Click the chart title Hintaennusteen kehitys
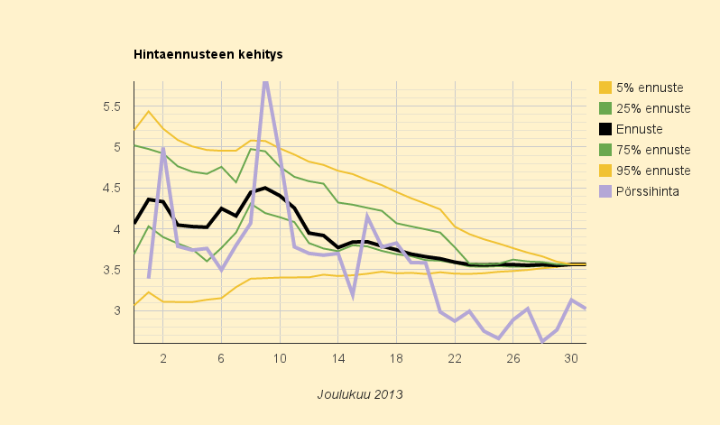(x=208, y=54)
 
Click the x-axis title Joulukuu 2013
(x=359, y=394)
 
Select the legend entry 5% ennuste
(x=649, y=88)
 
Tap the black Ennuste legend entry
(x=639, y=129)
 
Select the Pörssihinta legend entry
(x=647, y=191)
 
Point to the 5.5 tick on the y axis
(x=112, y=106)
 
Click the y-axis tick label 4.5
(x=112, y=189)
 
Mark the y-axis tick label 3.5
(x=112, y=270)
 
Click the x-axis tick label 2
(x=163, y=358)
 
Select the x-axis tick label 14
(x=337, y=358)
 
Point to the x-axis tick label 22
(x=454, y=358)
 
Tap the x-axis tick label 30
(x=570, y=358)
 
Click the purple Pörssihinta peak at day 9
(x=265, y=84)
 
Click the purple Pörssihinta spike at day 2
(x=163, y=151)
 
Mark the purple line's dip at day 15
(x=352, y=295)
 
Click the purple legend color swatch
(x=605, y=191)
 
